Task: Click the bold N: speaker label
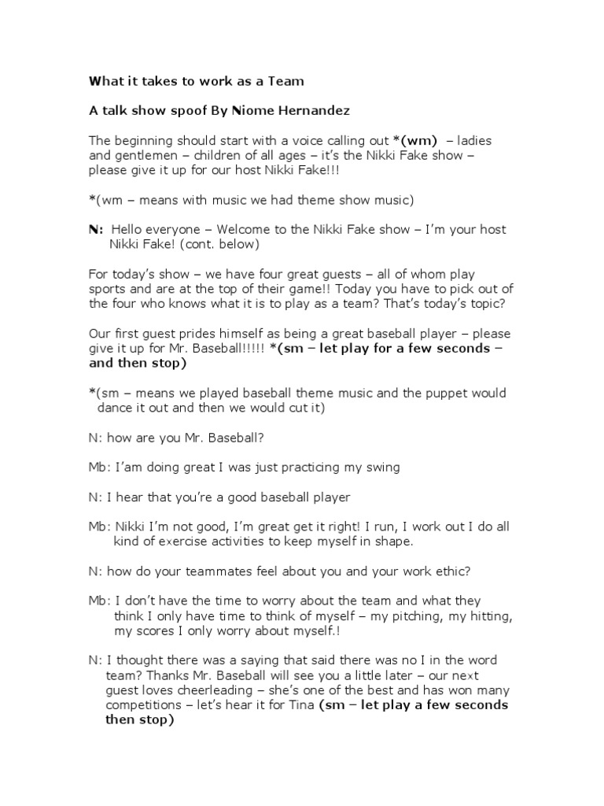[x=96, y=230]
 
